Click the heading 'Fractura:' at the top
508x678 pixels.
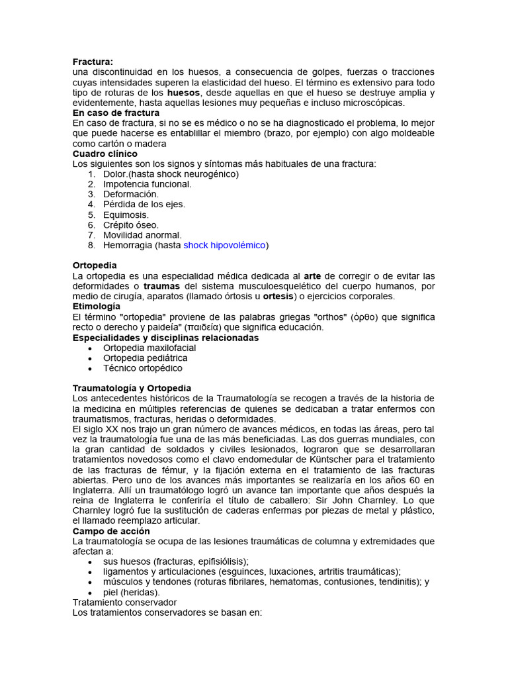point(93,62)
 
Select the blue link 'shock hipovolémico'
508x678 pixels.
point(224,245)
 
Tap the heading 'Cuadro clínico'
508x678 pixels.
point(105,154)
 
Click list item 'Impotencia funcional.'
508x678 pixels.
point(147,184)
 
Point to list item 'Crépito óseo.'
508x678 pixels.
point(130,225)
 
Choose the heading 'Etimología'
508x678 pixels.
point(96,307)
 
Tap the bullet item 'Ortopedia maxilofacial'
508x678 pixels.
point(149,348)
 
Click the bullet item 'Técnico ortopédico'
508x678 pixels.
point(142,368)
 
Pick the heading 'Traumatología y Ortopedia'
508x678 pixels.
point(132,388)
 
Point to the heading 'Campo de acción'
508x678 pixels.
point(111,531)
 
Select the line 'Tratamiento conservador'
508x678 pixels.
point(124,603)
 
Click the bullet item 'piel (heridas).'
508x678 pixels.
point(132,593)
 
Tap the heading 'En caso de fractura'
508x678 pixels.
point(116,113)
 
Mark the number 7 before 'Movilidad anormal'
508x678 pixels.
point(91,235)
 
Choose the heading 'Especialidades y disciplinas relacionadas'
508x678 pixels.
point(165,338)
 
